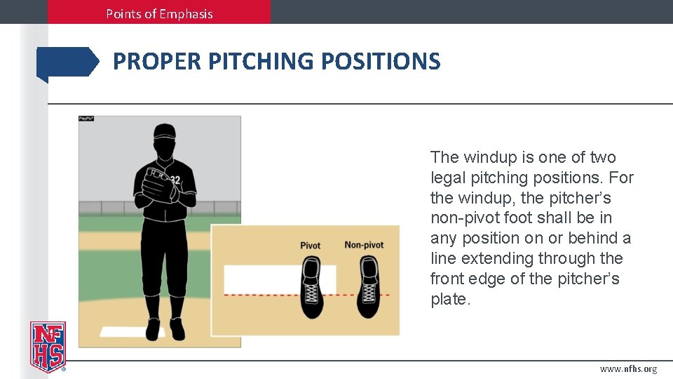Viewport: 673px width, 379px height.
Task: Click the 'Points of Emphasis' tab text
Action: point(159,13)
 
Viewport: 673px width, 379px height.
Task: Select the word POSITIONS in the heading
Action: point(381,62)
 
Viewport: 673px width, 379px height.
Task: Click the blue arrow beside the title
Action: point(67,62)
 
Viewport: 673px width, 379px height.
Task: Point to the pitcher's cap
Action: point(164,131)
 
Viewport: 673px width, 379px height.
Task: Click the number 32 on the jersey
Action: point(175,180)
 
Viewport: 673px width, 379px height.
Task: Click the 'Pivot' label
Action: point(310,245)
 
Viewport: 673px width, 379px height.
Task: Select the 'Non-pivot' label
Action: point(364,245)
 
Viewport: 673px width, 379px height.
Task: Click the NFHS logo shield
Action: point(48,346)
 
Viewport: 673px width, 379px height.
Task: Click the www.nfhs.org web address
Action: point(628,369)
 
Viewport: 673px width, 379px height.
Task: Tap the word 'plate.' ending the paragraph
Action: point(449,299)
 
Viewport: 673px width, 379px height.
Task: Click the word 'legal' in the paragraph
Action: point(449,178)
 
